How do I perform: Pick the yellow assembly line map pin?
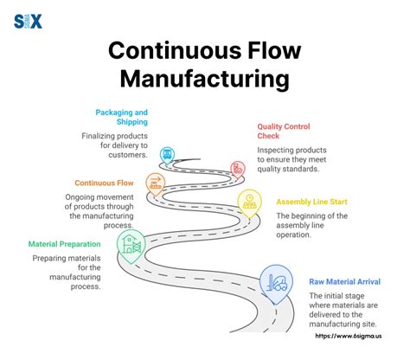pos(249,203)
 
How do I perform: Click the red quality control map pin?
pos(237,169)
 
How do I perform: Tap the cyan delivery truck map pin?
pos(168,156)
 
